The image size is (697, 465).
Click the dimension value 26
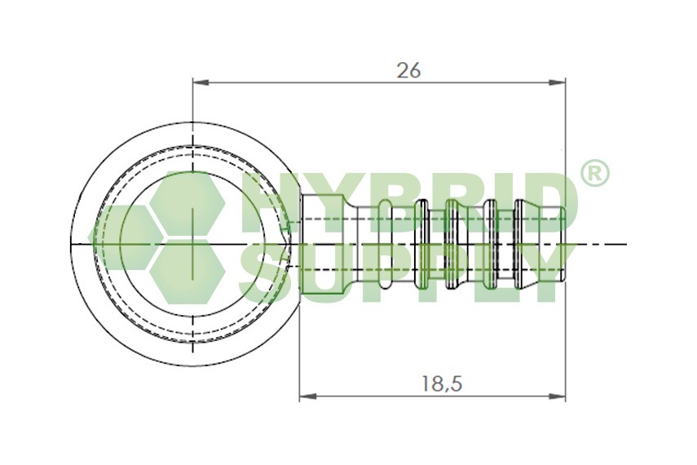pos(408,71)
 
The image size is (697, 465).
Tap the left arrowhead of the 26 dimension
pos(199,82)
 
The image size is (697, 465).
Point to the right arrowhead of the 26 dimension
pos(558,82)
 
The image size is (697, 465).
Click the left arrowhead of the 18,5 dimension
pos(307,396)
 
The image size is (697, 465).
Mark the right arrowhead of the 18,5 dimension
pos(558,396)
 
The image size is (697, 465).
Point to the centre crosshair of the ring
pos(192,244)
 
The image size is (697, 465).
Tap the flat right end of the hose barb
pos(565,244)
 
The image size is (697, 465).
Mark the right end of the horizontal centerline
pos(626,244)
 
